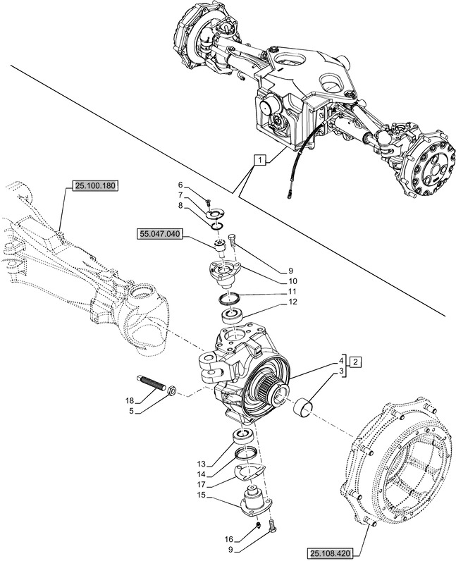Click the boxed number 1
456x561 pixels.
[261, 160]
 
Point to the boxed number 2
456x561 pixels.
[357, 362]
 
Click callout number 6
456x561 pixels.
[180, 185]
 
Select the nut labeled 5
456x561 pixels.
[173, 389]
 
